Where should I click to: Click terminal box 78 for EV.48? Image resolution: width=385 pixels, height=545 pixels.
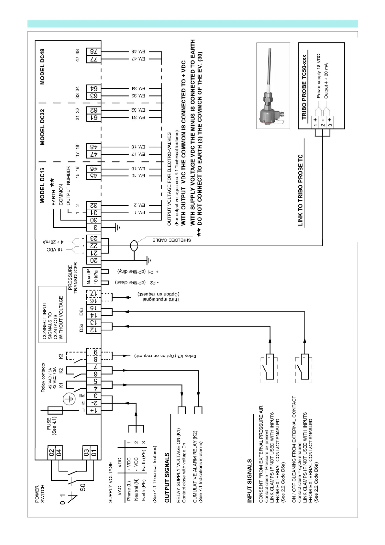point(93,51)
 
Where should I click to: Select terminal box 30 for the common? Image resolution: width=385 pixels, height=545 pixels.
point(93,220)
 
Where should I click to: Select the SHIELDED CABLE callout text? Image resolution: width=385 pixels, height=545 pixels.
point(172,240)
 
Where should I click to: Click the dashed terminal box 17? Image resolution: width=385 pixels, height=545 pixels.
point(93,294)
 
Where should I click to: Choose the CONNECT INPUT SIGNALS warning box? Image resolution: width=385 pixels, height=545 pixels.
point(53,314)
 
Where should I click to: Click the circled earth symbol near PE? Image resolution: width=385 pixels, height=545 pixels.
point(68,399)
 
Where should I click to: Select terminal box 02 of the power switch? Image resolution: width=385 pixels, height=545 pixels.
point(51,452)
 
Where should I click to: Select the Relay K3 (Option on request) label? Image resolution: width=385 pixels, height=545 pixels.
point(165,356)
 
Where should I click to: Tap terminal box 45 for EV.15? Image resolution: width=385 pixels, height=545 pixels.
point(93,176)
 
